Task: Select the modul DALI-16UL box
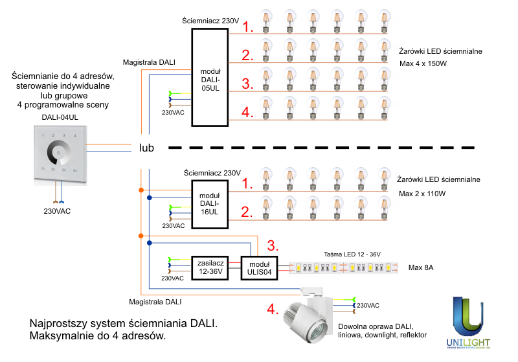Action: point(210,203)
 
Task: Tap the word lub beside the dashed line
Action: point(146,148)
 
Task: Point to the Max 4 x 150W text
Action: point(423,64)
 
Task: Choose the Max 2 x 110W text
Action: point(423,194)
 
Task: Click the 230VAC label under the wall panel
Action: point(58,211)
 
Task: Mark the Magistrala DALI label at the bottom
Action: point(155,302)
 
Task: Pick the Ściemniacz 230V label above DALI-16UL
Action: point(212,173)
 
